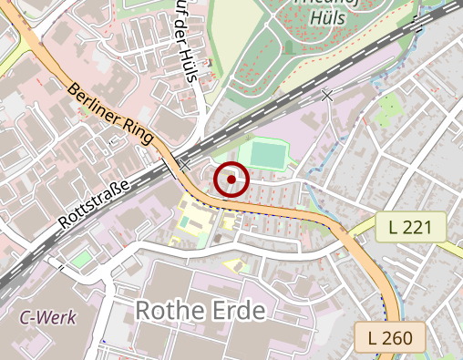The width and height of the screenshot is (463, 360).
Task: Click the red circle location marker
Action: pos(231,180)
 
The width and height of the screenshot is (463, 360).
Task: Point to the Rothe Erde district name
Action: pos(200,311)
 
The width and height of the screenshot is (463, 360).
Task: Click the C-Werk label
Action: pos(49,318)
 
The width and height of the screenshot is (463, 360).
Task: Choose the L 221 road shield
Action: pos(410,227)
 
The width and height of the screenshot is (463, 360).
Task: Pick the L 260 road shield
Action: pos(390,337)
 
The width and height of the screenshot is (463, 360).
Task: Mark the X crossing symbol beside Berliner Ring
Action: pos(185,165)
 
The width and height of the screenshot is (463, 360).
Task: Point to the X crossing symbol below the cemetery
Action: pos(327,95)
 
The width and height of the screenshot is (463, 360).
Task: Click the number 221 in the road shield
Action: pos(416,227)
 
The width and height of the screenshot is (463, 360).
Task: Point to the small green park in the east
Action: pos(390,106)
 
